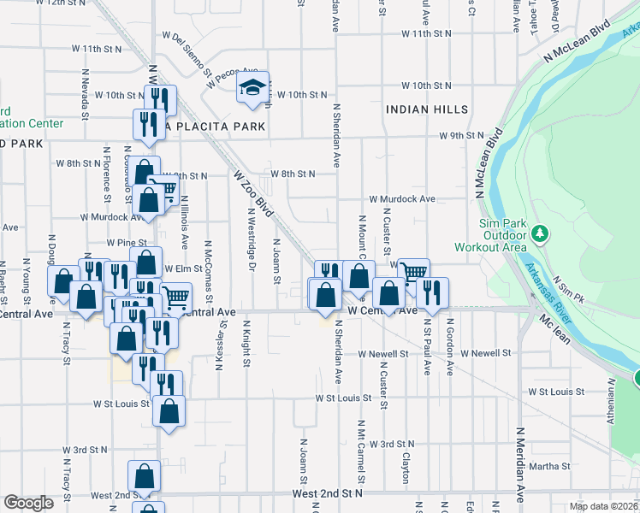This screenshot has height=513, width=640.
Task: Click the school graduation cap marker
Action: click(253, 87)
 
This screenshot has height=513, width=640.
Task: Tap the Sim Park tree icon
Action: click(539, 233)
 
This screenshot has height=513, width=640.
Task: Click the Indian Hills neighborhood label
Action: click(427, 109)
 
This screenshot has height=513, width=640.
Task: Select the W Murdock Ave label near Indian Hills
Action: click(402, 198)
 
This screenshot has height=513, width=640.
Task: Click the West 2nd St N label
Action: click(327, 493)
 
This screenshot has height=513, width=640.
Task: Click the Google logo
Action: click(27, 503)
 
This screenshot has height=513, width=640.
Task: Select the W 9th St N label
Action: click(461, 135)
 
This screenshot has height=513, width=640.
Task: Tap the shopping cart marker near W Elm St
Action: click(175, 298)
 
